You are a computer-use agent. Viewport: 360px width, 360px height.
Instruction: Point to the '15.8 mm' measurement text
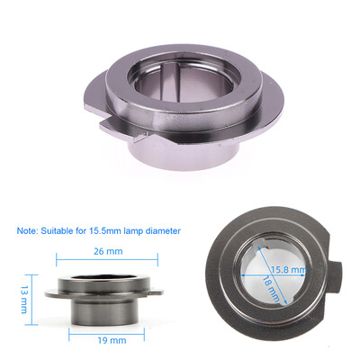[288, 268]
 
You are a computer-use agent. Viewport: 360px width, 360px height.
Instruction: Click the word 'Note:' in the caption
[30, 230]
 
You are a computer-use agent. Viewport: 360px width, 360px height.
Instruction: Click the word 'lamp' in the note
[135, 230]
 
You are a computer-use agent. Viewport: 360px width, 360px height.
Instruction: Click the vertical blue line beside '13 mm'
[31, 296]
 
